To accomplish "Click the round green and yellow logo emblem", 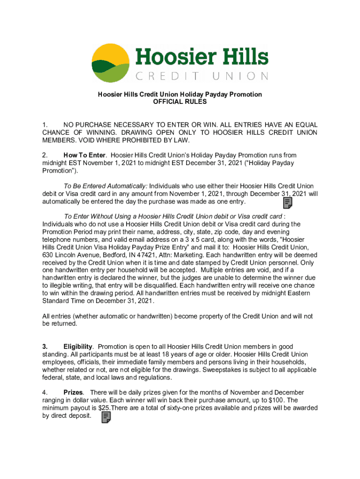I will pyautogui.click(x=110, y=63).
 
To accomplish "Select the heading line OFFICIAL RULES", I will pyautogui.click(x=180, y=102).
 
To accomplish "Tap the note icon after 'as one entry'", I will pyautogui.click(x=288, y=203).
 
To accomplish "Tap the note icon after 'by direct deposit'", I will pyautogui.click(x=106, y=417).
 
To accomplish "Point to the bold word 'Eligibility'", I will pyautogui.click(x=78, y=347).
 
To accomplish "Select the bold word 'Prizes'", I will pyautogui.click(x=73, y=393).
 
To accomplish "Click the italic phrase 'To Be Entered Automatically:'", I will pyautogui.click(x=105, y=187).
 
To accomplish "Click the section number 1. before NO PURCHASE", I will pyautogui.click(x=45, y=125).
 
